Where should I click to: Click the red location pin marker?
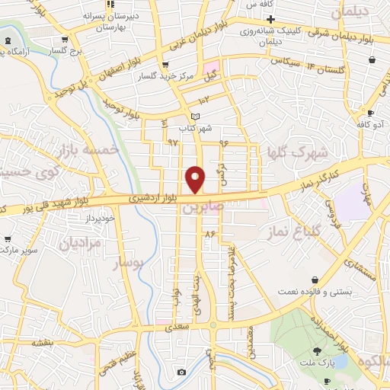[195, 180]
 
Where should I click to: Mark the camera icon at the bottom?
[181, 372]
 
